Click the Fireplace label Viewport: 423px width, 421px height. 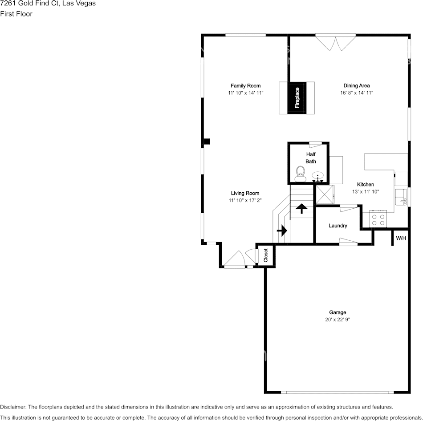pyautogui.click(x=297, y=97)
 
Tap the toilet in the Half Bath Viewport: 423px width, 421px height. pyautogui.click(x=300, y=174)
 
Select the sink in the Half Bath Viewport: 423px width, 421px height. pyautogui.click(x=318, y=176)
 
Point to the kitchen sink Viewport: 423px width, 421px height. pyautogui.click(x=401, y=197)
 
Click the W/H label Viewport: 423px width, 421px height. pyautogui.click(x=401, y=238)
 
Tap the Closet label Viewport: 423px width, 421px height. pyautogui.click(x=266, y=255)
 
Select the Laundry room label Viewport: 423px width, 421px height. pyautogui.click(x=338, y=226)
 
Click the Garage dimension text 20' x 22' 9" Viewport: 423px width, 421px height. pyautogui.click(x=338, y=320)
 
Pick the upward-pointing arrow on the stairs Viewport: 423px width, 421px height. pyautogui.click(x=301, y=208)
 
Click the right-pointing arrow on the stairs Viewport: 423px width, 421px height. pyautogui.click(x=282, y=231)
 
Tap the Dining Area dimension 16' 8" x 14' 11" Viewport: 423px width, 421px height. pyautogui.click(x=357, y=93)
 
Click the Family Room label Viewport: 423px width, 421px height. pyautogui.click(x=245, y=86)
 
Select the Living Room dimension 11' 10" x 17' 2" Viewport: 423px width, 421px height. pyautogui.click(x=245, y=200)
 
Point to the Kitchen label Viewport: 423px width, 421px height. pyautogui.click(x=366, y=185)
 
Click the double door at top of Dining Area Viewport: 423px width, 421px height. pyautogui.click(x=336, y=42)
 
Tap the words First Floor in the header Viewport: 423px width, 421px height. pyautogui.click(x=16, y=14)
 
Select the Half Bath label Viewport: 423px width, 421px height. pyautogui.click(x=311, y=158)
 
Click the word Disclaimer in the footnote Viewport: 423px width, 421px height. pyautogui.click(x=13, y=407)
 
